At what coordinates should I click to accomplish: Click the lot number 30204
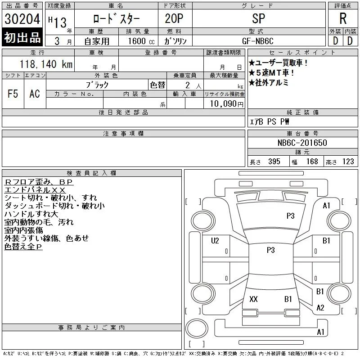tap(22, 19)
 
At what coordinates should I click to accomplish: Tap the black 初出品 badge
tap(22, 37)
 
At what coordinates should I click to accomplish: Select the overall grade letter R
tap(343, 18)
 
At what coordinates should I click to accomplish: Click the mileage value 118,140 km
tap(46, 64)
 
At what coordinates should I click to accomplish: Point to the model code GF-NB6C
tap(258, 41)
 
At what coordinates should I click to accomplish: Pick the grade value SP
tap(258, 18)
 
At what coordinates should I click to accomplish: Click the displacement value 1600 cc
tap(141, 41)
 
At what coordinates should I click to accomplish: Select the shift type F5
tap(13, 94)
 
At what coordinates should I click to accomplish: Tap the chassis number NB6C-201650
tap(302, 143)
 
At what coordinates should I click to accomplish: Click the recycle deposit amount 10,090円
tap(227, 104)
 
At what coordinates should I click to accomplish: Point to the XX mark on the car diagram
tap(253, 299)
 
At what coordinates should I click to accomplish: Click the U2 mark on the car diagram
tap(215, 241)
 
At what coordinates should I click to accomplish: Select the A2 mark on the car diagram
tap(320, 308)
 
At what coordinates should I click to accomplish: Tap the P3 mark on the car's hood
tap(290, 216)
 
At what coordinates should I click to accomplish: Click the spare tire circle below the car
tap(197, 328)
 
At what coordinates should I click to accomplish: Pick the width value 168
tap(312, 162)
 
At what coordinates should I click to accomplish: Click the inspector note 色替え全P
tap(23, 247)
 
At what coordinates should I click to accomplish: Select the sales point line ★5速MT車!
tap(271, 73)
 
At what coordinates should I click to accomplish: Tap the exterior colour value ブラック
tap(97, 85)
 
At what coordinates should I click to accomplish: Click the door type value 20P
tap(174, 18)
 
